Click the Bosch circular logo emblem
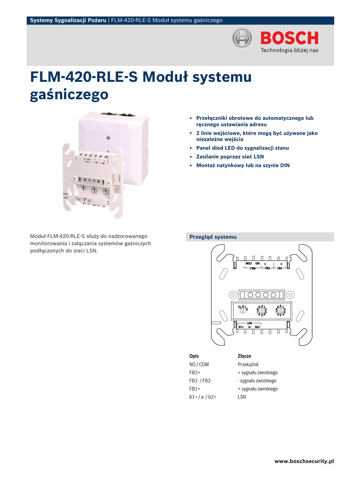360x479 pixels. click(x=243, y=38)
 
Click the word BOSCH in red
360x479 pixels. click(x=289, y=38)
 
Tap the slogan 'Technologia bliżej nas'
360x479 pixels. click(x=289, y=50)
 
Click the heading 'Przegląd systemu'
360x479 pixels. click(x=213, y=237)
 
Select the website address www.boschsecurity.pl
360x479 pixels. click(x=304, y=461)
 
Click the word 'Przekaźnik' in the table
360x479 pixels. click(x=248, y=364)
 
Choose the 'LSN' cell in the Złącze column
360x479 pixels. click(x=242, y=397)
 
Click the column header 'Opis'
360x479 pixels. click(x=194, y=356)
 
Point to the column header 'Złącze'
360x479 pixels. click(x=245, y=356)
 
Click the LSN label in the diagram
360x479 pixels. click(x=250, y=323)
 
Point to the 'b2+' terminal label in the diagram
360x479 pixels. click(x=258, y=327)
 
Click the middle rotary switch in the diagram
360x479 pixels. click(x=261, y=311)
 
